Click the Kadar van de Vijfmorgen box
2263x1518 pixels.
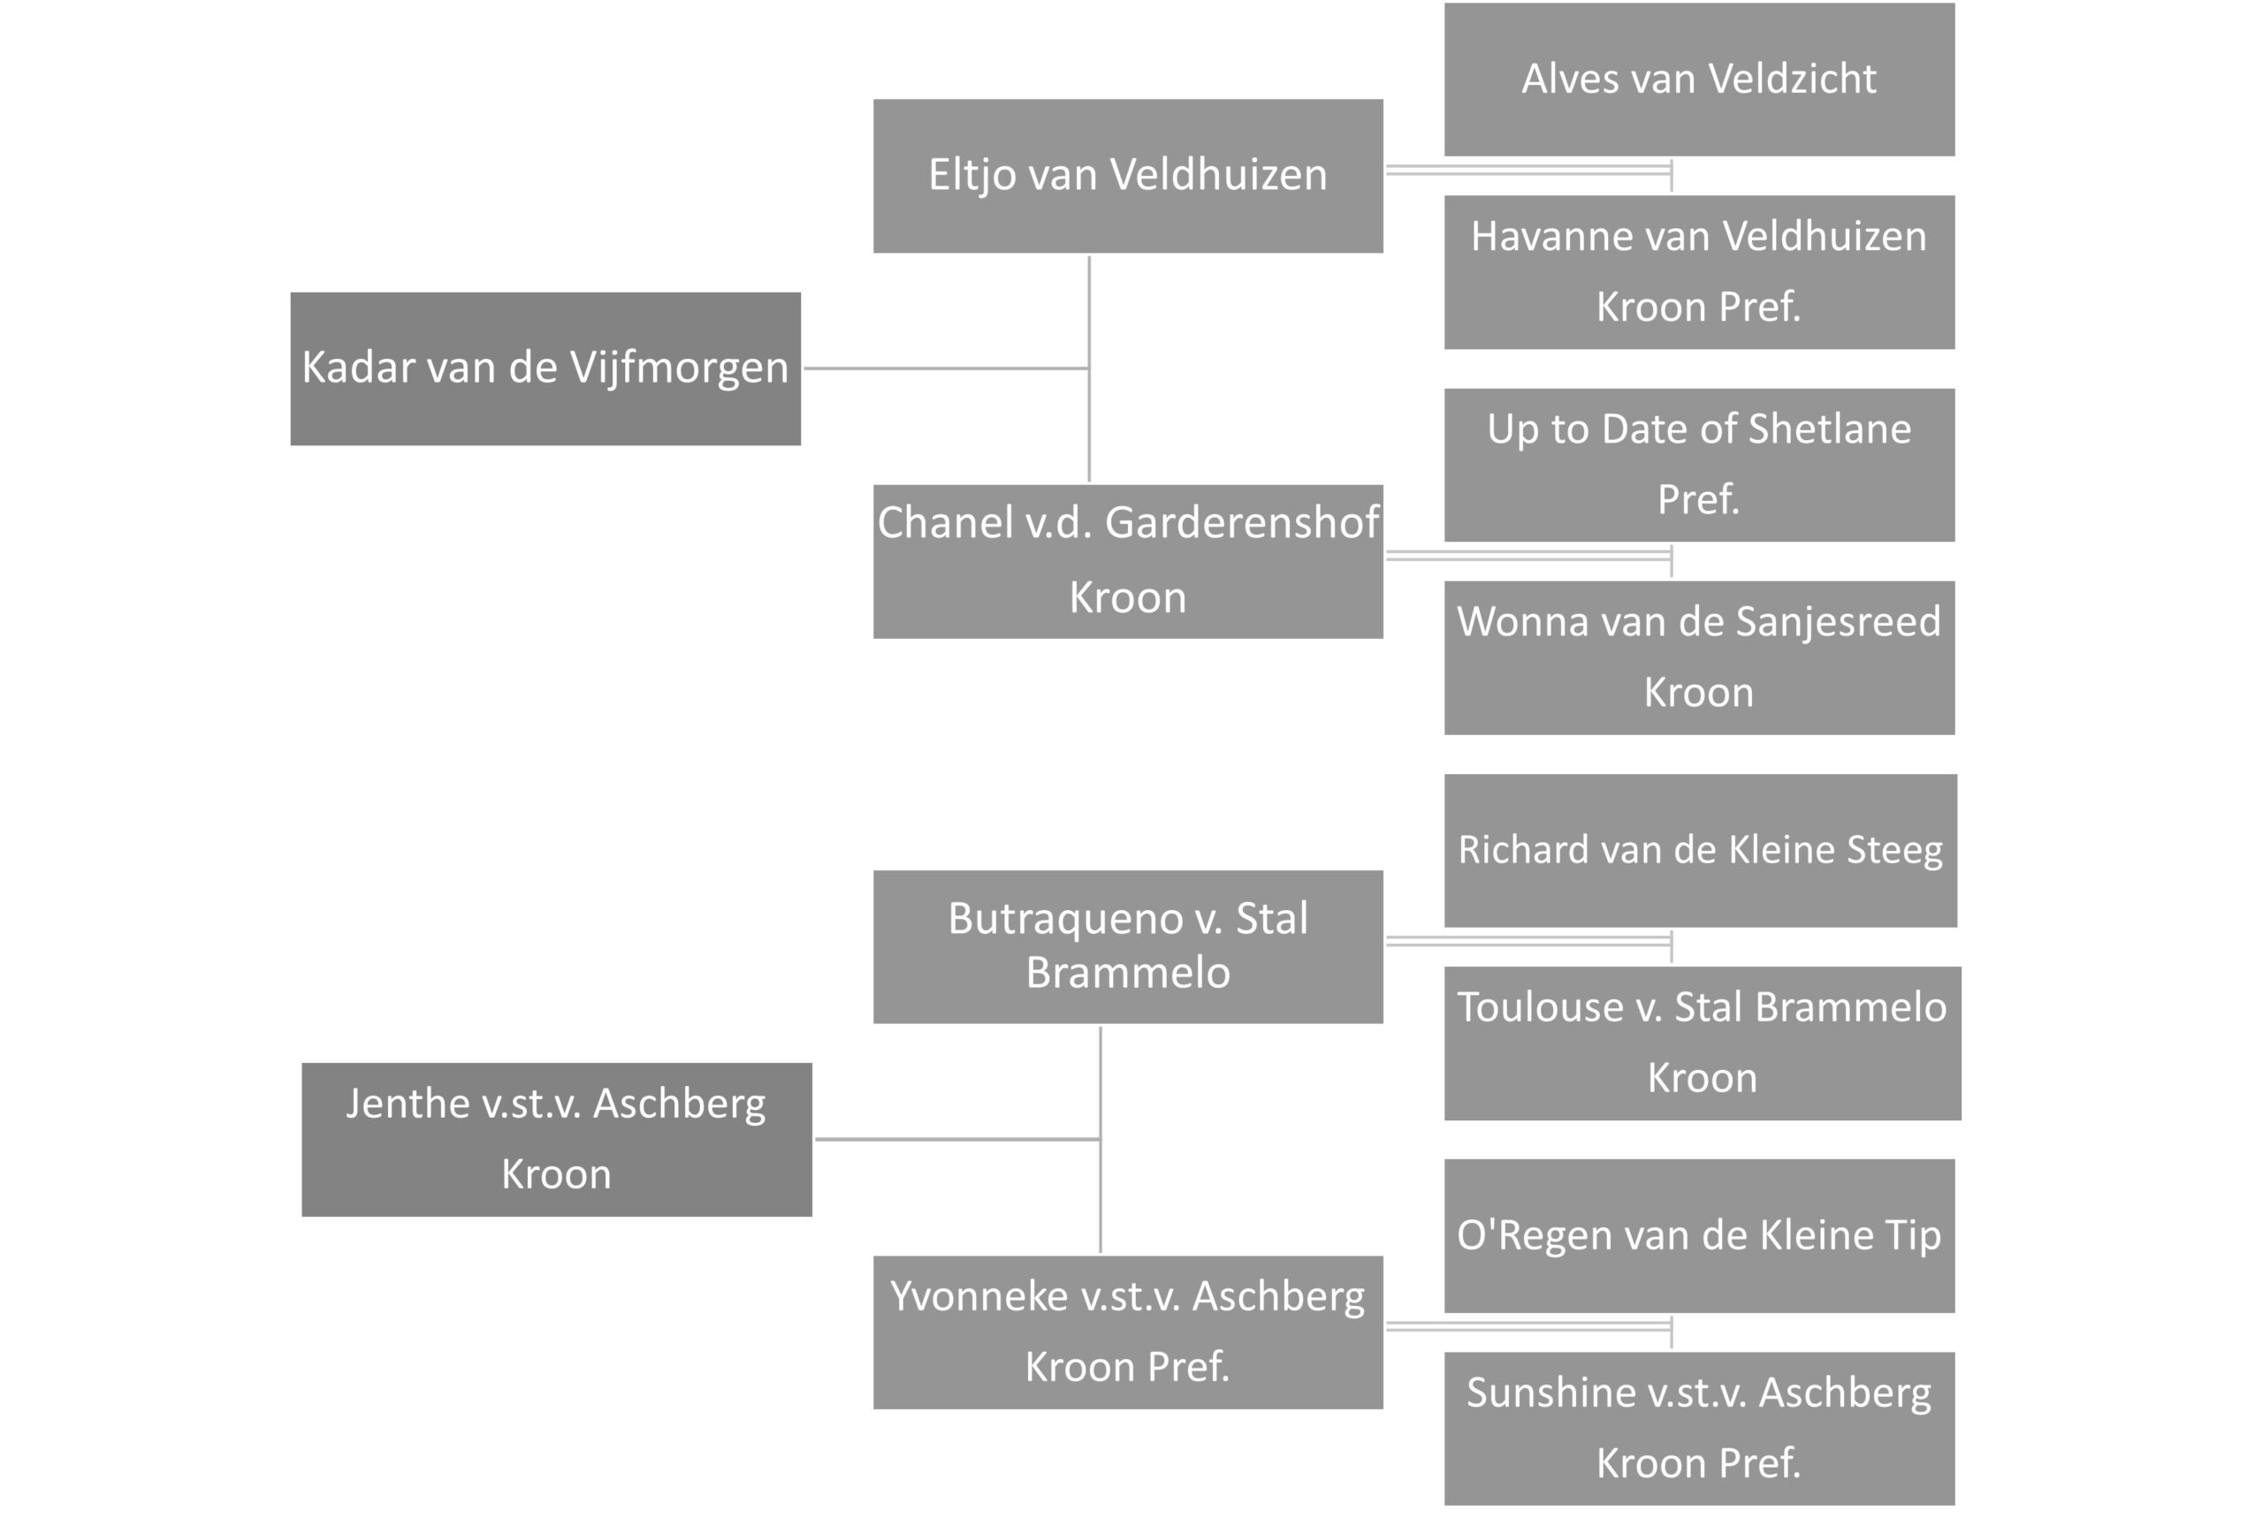[545, 368]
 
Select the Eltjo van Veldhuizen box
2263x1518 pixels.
[1127, 175]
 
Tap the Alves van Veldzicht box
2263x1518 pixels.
[1698, 79]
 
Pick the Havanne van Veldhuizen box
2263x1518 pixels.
[1698, 271]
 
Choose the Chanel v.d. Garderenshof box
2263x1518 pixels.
[1127, 560]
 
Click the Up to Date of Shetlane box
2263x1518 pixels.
[1698, 464]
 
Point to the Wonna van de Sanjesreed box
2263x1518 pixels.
[1698, 657]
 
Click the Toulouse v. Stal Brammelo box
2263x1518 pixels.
[1702, 1042]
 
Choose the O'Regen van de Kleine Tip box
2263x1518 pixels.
[1698, 1234]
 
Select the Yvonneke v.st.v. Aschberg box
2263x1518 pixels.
[1127, 1332]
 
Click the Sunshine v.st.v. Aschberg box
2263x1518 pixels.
[1698, 1427]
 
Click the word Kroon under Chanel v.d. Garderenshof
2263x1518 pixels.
[1127, 597]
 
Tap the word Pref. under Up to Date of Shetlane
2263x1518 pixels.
[1698, 499]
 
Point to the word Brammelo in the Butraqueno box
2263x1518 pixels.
[1127, 972]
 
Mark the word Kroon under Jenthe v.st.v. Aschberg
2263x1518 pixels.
[556, 1174]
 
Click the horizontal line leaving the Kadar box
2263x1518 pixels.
[945, 368]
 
